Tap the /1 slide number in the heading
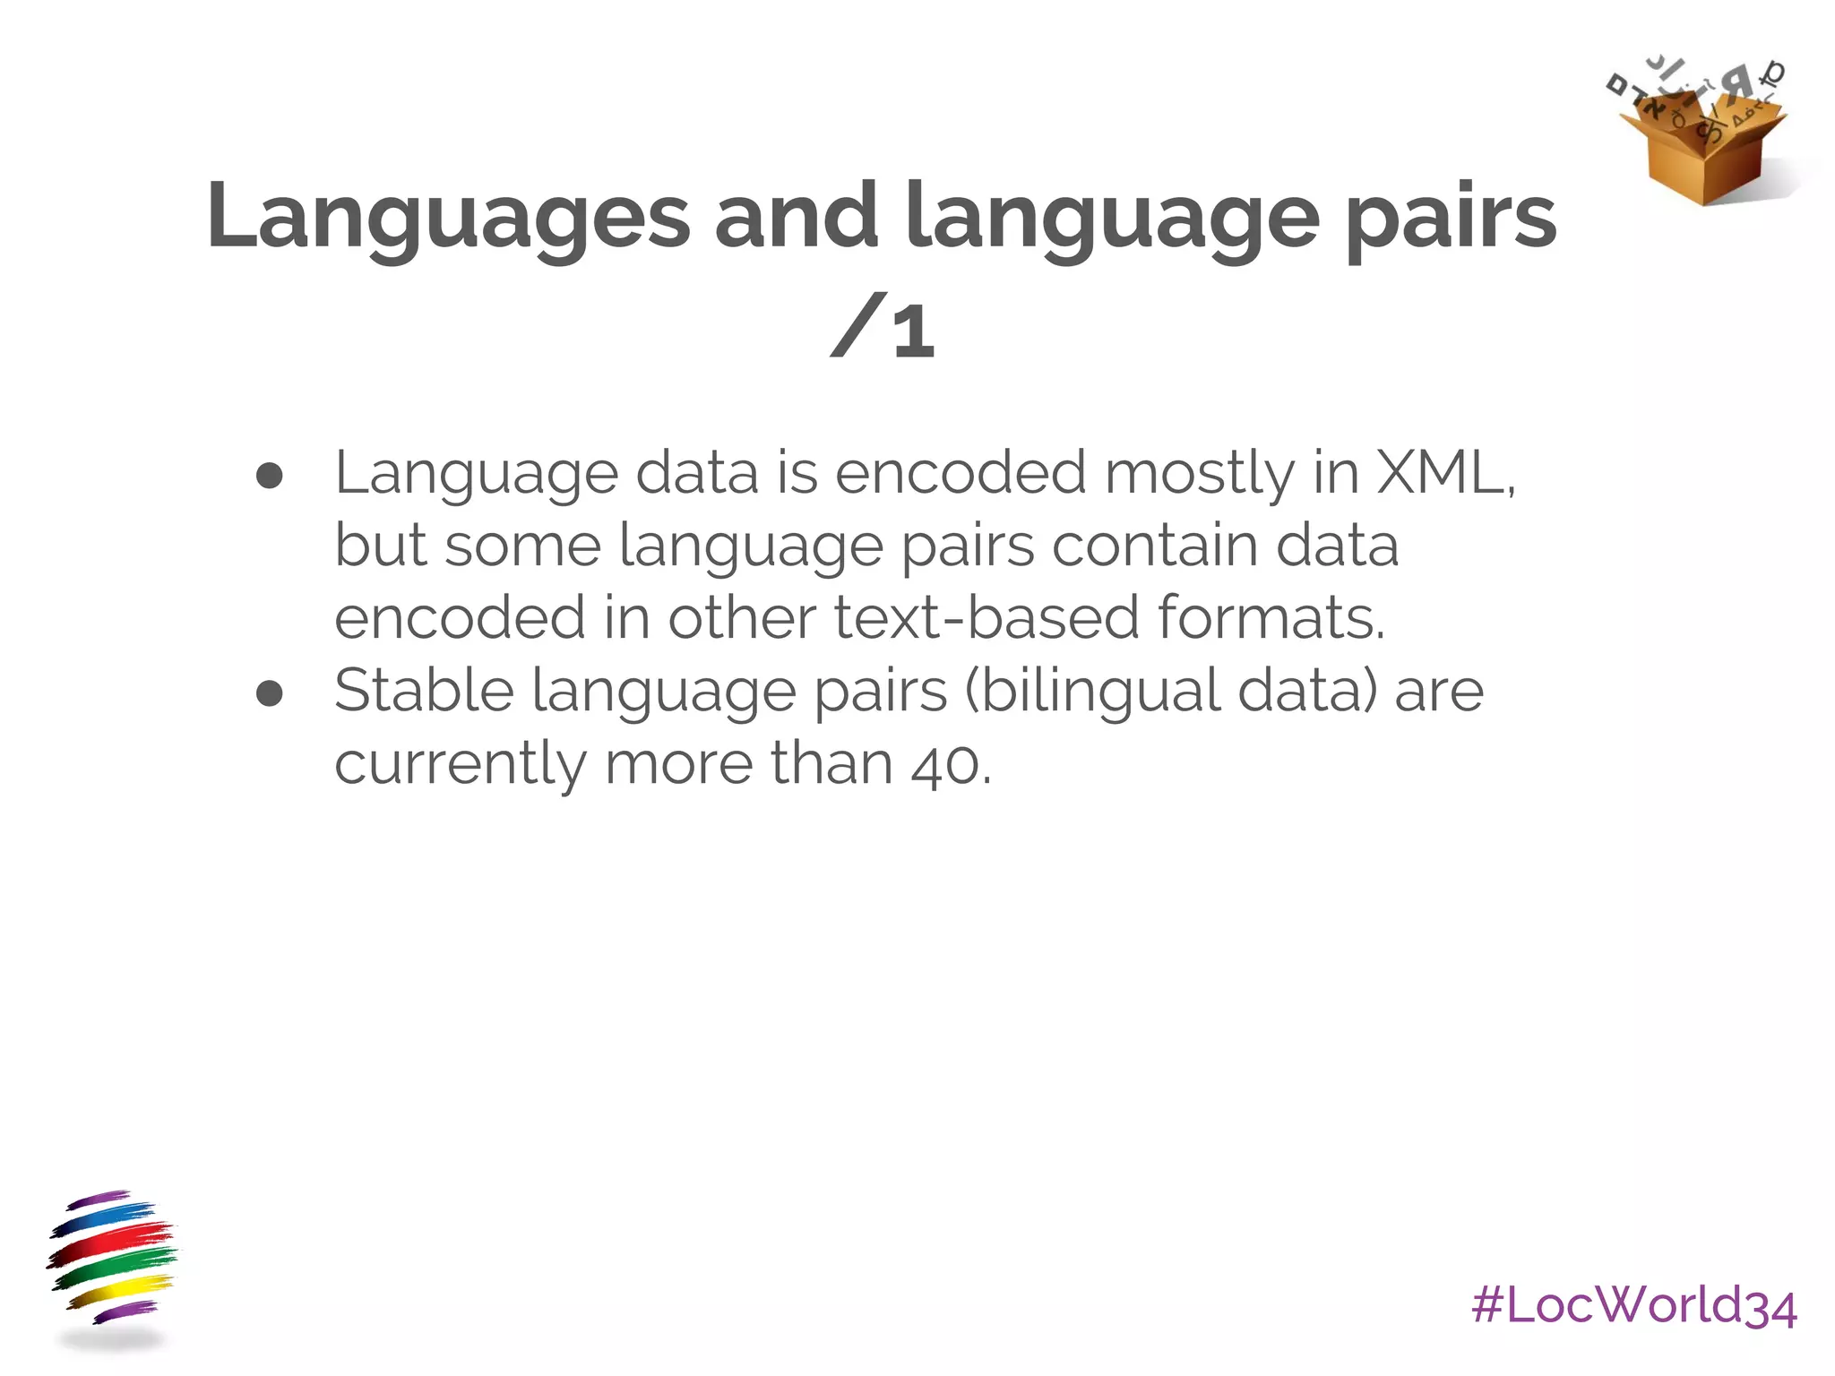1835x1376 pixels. (883, 328)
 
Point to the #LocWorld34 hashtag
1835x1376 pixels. (1633, 1305)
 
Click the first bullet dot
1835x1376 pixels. (269, 477)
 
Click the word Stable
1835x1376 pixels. (424, 691)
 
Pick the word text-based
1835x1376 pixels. (986, 618)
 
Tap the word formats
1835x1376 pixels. (1271, 618)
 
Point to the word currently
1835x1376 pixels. (460, 765)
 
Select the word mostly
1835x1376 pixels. (1199, 474)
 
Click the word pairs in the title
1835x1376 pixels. (1452, 217)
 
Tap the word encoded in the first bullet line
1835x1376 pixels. (961, 472)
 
